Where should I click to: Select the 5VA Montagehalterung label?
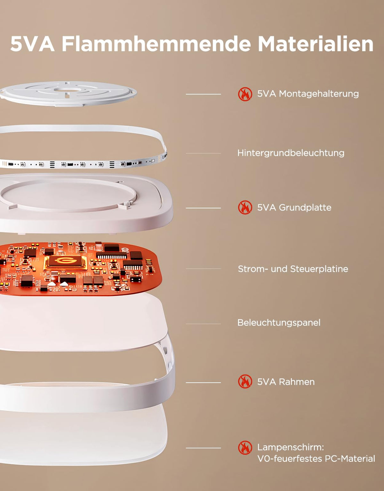coord(308,94)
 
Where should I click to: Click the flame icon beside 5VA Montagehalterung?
coord(245,94)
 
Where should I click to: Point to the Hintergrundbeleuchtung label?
coord(291,153)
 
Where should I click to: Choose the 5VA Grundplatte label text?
coord(294,208)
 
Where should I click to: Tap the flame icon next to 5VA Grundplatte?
coord(245,207)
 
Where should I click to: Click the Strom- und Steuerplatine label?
coord(293,269)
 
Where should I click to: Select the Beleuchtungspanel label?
coord(279,323)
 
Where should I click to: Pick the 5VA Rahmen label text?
coord(286,382)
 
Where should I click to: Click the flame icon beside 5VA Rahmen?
coord(245,382)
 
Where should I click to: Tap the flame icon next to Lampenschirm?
coord(245,448)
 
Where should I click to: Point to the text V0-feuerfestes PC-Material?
coord(316,459)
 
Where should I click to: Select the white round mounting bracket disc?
coord(68,93)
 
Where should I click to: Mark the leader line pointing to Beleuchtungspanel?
coord(203,324)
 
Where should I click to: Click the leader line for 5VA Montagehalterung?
coord(203,94)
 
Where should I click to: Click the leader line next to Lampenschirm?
coord(203,448)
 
